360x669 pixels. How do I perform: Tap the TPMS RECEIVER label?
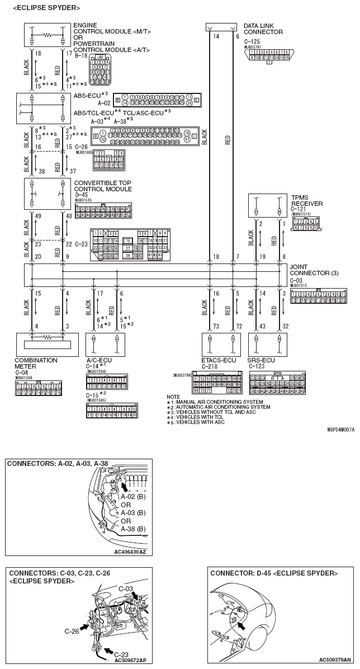coord(306,200)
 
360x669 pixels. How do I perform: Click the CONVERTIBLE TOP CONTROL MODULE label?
coord(103,185)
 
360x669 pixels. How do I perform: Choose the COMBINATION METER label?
coord(36,364)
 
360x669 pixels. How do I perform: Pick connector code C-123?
coord(255,366)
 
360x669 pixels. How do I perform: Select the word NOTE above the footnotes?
coord(173,397)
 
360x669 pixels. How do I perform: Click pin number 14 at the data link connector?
coord(215,36)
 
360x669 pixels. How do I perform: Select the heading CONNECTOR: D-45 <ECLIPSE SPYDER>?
coord(273,573)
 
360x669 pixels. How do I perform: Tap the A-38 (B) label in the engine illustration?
coord(133,529)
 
